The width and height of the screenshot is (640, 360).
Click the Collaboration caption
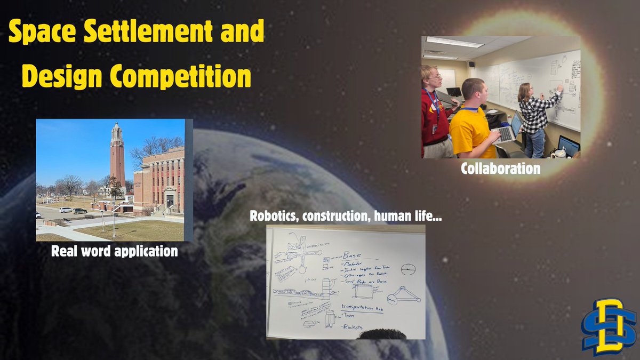pyautogui.click(x=501, y=169)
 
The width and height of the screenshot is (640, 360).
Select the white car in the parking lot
pyautogui.click(x=66, y=210)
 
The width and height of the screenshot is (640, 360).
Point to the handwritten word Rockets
pyautogui.click(x=352, y=326)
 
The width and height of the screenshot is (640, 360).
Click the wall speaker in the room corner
pyautogui.click(x=471, y=65)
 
